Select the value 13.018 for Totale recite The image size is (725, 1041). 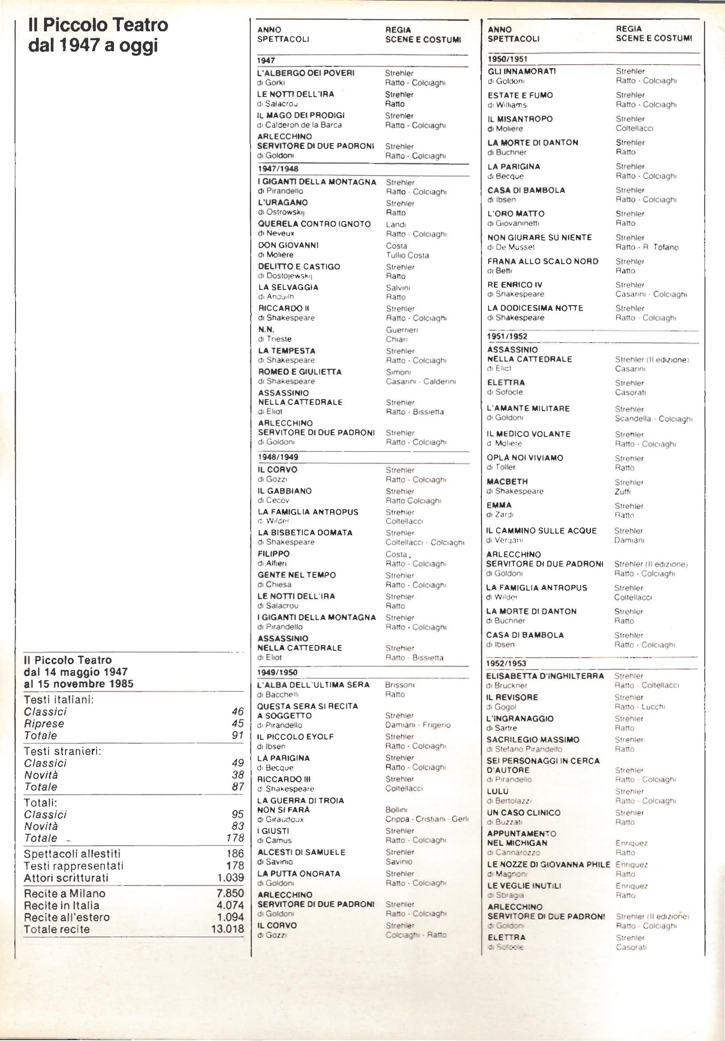pos(227,929)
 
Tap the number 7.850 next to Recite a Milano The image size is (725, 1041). pos(230,893)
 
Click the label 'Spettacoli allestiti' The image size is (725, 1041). pos(72,854)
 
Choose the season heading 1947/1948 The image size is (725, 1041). pos(278,169)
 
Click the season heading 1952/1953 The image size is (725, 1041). pos(506,663)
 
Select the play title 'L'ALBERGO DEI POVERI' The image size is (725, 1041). pos(305,73)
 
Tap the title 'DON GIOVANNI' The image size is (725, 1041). pos(288,245)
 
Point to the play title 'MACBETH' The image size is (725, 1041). pos(507,482)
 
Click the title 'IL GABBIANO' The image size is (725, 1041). pos(284,491)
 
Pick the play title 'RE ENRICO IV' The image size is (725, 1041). pos(515,285)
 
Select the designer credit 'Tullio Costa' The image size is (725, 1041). pos(407,255)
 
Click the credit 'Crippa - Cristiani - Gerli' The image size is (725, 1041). pos(427,819)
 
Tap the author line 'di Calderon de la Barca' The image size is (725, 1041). pos(299,125)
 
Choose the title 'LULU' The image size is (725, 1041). pos(497,791)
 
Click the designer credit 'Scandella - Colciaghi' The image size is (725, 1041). pos(653,418)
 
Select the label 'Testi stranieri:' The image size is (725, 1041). pos(62,751)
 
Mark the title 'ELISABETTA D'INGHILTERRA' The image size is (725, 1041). pos(545,676)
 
